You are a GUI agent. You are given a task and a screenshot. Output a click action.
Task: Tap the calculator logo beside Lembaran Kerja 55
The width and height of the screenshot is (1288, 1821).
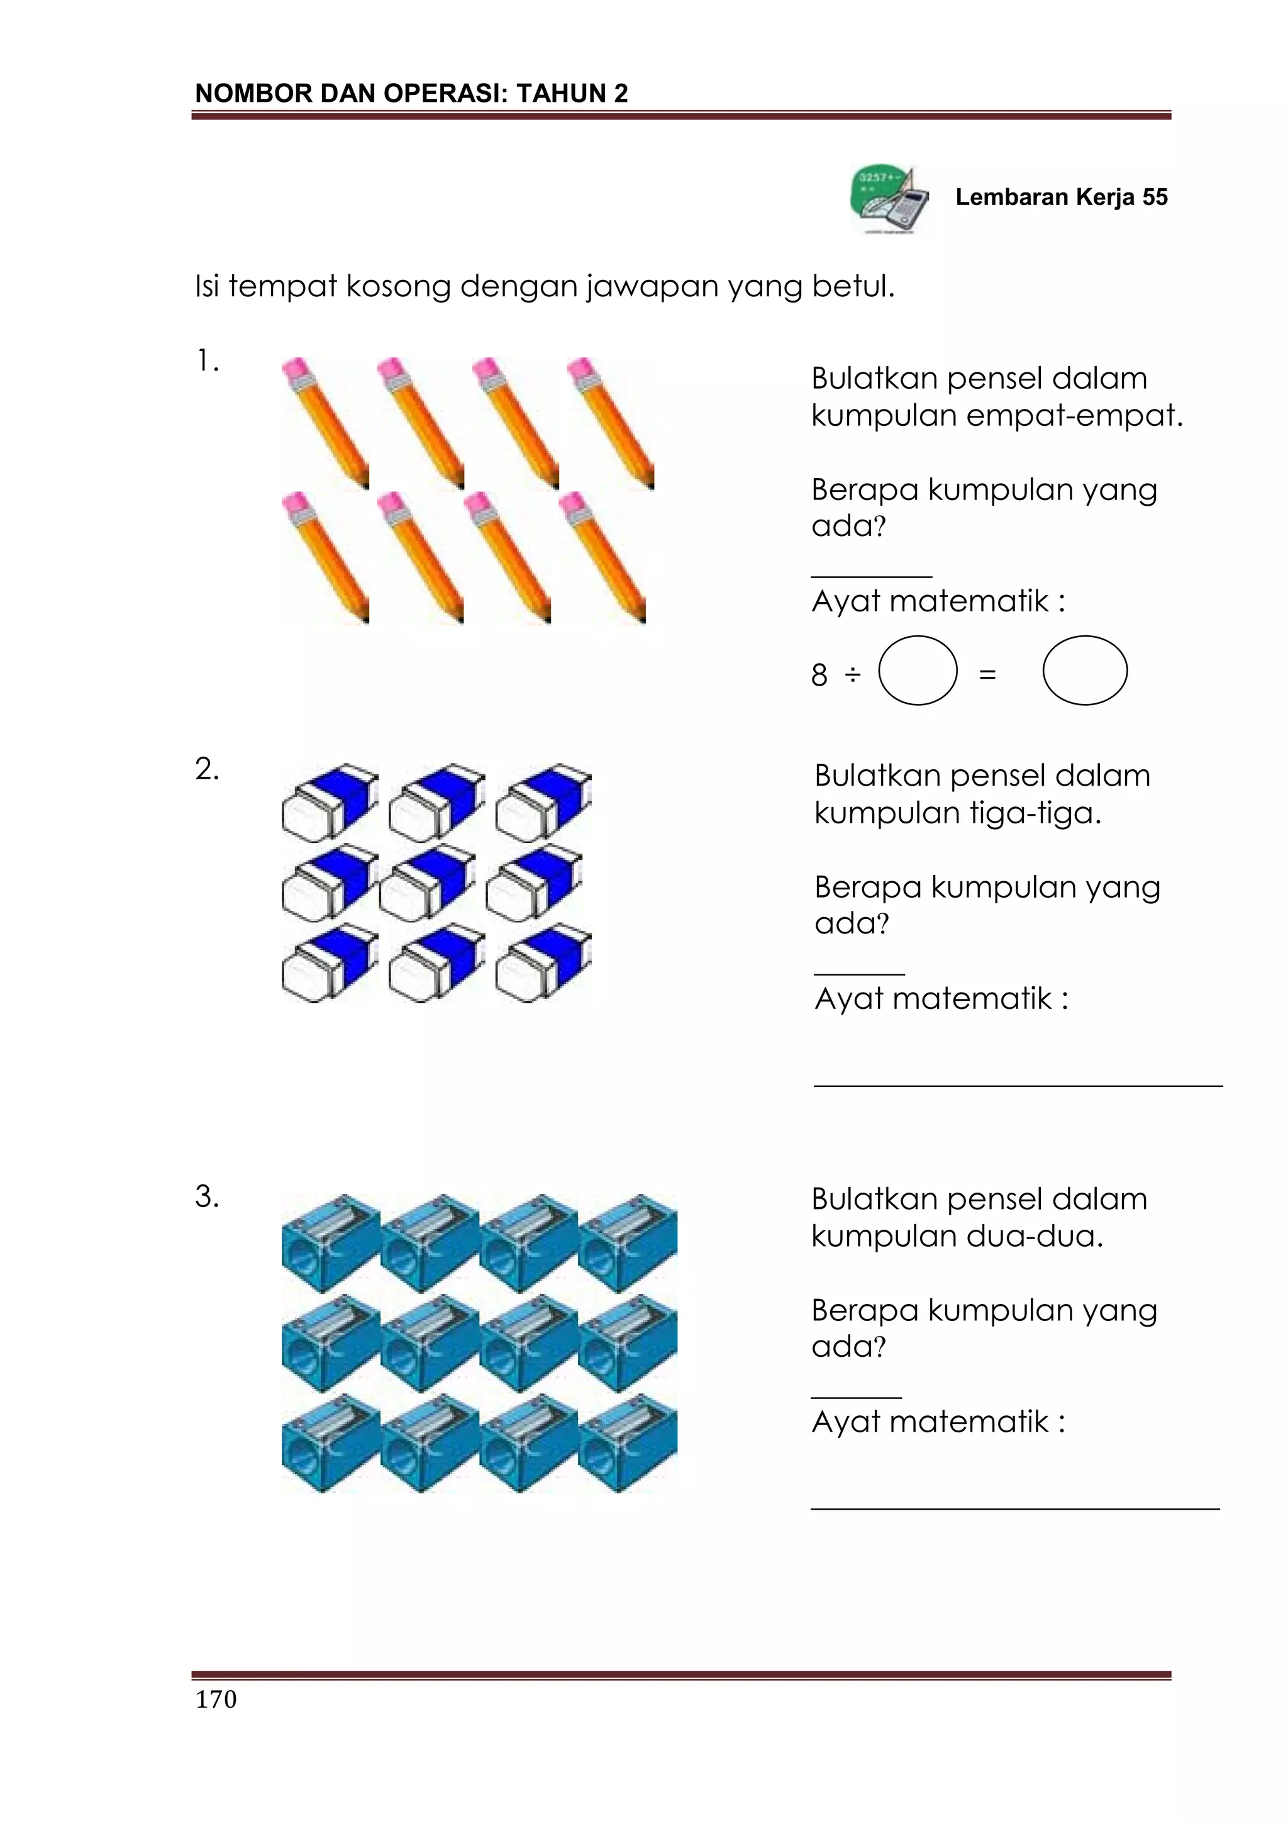click(891, 199)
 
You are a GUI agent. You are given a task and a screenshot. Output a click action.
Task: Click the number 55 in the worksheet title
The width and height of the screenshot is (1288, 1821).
click(1155, 197)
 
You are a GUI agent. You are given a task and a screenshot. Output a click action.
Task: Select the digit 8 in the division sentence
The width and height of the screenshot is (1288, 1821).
click(819, 676)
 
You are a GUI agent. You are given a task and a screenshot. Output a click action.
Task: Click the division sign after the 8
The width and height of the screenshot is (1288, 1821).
click(853, 676)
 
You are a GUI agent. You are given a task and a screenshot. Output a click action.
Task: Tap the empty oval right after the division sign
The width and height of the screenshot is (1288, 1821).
click(918, 671)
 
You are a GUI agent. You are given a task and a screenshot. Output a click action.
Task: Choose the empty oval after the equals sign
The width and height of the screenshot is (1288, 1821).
click(1084, 671)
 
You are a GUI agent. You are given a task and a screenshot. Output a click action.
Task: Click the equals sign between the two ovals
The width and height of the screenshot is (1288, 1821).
click(987, 676)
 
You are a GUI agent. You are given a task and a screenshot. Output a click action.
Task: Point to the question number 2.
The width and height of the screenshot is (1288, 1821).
click(206, 769)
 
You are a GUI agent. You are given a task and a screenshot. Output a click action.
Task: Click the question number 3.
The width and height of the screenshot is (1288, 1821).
click(206, 1196)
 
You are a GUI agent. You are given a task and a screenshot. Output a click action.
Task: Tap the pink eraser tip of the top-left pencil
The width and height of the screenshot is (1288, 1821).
click(295, 369)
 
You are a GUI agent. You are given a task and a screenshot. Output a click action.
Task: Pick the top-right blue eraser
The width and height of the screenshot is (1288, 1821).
click(544, 802)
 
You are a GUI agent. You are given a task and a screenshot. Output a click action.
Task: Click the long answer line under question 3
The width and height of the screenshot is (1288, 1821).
click(1014, 1508)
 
